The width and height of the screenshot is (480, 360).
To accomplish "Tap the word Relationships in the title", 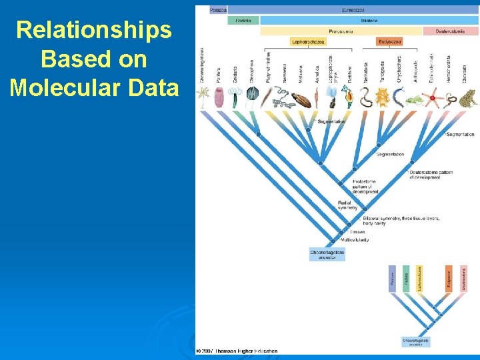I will click(93, 29).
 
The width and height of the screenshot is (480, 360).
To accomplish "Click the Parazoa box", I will click(218, 10).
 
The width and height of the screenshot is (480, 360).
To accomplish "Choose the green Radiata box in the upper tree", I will click(243, 21).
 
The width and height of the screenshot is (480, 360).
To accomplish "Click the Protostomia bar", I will click(341, 31).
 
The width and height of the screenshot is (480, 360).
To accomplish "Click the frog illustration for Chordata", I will click(467, 98).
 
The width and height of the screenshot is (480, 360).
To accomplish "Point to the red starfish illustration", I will click(436, 100).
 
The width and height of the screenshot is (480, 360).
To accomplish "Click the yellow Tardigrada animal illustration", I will click(382, 99).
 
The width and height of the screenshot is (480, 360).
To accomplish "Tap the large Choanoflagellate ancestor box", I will click(327, 255).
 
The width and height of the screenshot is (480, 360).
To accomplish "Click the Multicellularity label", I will click(355, 240).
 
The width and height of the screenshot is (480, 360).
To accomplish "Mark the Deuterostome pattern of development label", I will click(431, 175).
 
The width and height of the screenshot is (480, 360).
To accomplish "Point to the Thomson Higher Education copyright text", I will click(237, 351).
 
